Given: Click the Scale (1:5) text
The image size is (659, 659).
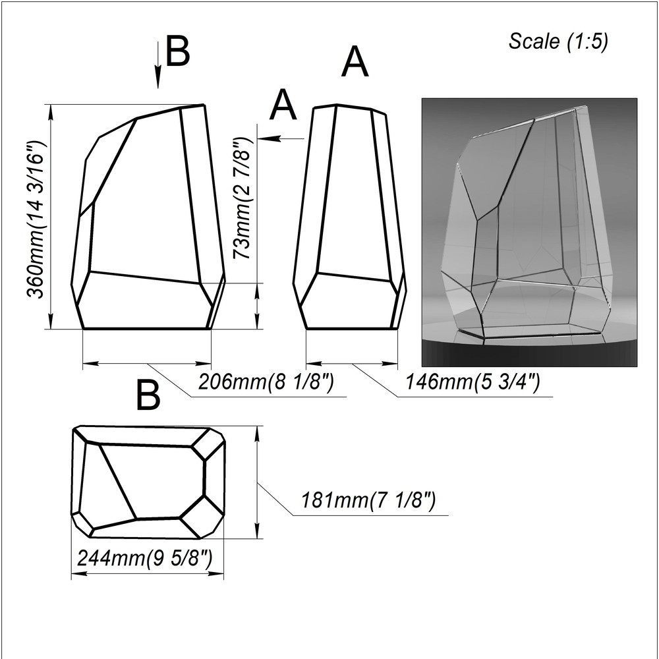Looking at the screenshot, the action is (x=558, y=42).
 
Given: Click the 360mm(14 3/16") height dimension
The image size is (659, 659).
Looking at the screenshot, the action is (x=36, y=219).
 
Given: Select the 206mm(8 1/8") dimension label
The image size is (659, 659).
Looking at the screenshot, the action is (x=266, y=382).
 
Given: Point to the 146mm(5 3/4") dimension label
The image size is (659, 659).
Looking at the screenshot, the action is (x=473, y=382).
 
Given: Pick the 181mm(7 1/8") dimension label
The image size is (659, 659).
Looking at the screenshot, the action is (x=368, y=500).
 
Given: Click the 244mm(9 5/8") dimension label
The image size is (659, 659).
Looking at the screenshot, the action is (x=144, y=558).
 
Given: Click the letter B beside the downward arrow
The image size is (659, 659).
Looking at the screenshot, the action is (x=178, y=51).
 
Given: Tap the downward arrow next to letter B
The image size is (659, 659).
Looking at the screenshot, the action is (x=158, y=65).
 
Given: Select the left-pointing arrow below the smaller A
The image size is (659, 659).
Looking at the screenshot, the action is (x=281, y=138).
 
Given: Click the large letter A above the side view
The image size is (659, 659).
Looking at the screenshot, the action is (x=355, y=62).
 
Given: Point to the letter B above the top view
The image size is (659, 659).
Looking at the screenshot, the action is (x=148, y=395).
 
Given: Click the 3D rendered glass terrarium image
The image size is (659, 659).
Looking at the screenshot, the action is (x=529, y=232).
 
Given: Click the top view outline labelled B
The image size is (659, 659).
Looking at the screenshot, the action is (x=148, y=482).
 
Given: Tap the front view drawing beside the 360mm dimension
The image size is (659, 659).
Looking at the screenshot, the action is (x=148, y=216).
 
